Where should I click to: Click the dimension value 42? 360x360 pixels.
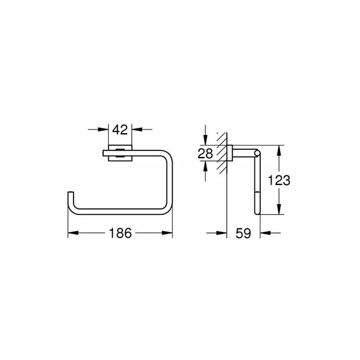pyautogui.click(x=120, y=129)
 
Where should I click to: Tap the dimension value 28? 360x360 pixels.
pyautogui.click(x=205, y=153)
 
